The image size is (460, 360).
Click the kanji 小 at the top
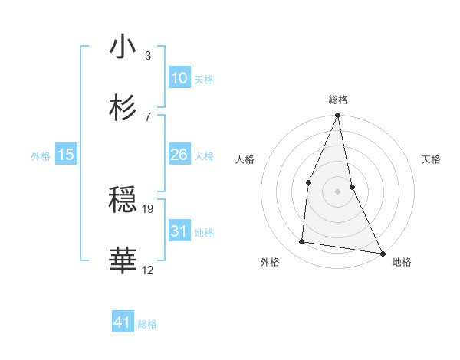tap(123, 47)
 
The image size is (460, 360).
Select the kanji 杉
tap(123, 106)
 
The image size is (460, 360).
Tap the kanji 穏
tap(123, 200)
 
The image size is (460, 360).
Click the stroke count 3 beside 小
tap(148, 56)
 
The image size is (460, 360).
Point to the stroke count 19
tap(149, 208)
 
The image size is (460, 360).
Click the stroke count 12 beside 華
tap(148, 270)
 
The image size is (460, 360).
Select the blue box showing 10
tap(179, 78)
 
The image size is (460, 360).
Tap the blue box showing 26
tap(179, 155)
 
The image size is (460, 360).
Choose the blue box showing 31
tap(179, 231)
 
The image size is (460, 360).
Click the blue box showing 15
tap(66, 155)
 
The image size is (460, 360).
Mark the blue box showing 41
tap(123, 322)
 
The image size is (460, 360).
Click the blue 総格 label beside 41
tap(147, 324)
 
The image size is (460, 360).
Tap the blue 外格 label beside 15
tap(41, 156)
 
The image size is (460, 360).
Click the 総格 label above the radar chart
tap(337, 100)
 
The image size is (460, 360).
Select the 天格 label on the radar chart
tap(432, 159)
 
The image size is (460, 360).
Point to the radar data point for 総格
tap(337, 116)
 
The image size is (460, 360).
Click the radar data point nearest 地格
tap(382, 253)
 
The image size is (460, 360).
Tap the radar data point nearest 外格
tap(302, 242)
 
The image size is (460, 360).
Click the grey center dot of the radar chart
tap(337, 191)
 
